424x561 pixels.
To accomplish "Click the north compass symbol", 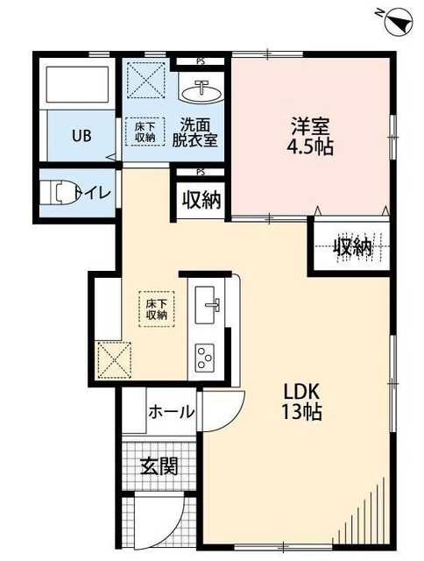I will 396,21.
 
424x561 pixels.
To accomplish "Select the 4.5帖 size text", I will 309,147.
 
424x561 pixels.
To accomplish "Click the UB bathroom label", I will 81,136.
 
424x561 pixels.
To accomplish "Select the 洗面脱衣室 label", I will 194,131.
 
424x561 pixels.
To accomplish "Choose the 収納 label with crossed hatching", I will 354,248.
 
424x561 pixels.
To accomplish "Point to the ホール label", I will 171,412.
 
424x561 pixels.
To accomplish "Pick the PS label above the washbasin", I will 201,62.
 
